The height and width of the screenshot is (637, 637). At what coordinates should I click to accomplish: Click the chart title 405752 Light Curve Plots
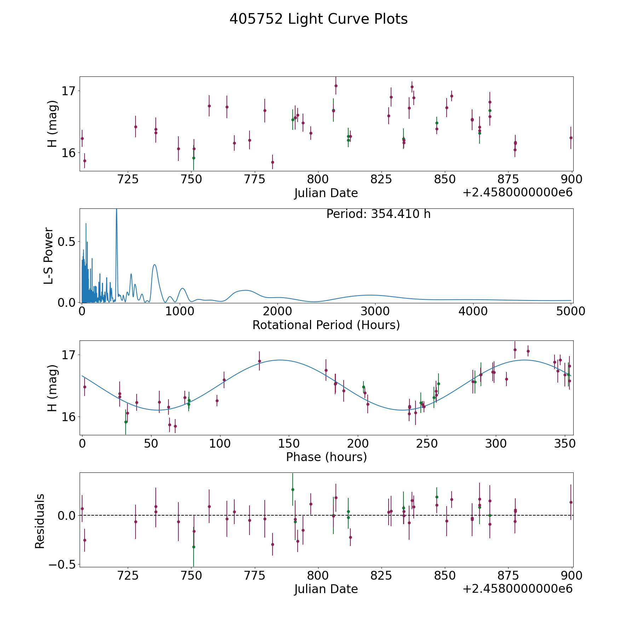tap(318, 19)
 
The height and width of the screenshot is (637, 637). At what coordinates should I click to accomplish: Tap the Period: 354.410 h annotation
tap(378, 214)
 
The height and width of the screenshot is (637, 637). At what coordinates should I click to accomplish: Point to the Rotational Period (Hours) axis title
tap(326, 325)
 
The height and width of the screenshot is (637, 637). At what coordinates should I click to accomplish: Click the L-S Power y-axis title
tap(49, 256)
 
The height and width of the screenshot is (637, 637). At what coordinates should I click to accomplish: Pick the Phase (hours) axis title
tap(326, 457)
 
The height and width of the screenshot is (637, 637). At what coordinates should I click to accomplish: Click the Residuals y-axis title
tap(40, 521)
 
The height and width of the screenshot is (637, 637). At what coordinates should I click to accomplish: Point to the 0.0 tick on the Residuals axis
tap(67, 515)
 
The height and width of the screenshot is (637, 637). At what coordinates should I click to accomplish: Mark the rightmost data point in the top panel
tap(571, 138)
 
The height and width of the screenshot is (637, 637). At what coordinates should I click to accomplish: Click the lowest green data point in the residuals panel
tap(194, 547)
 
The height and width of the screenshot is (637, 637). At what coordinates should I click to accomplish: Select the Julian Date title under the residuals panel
tap(326, 589)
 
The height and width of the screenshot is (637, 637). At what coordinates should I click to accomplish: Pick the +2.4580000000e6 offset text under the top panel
tap(517, 193)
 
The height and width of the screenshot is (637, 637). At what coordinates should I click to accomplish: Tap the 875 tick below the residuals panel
tap(508, 576)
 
